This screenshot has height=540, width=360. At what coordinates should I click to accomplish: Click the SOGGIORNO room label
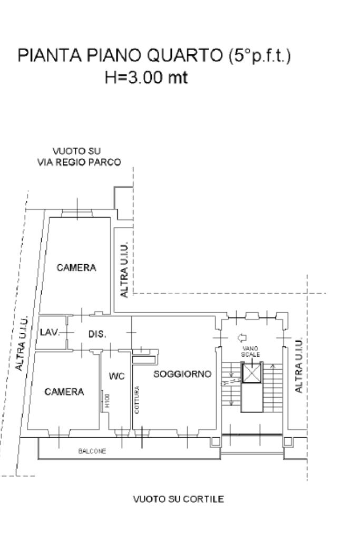182,374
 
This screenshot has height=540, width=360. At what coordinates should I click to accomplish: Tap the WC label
116,377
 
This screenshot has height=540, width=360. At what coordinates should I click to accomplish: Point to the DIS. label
98,334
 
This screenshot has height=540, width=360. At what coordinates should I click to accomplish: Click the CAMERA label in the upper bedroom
76,267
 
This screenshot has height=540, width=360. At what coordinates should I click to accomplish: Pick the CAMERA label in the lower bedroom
64,392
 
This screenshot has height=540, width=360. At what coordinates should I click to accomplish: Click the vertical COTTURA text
137,400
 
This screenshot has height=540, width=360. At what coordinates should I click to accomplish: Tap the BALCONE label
92,451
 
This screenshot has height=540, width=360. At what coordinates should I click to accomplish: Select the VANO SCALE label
250,351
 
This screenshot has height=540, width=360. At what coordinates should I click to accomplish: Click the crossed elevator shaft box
251,373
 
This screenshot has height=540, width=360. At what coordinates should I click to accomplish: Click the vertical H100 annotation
107,401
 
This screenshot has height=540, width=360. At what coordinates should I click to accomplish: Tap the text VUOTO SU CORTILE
178,499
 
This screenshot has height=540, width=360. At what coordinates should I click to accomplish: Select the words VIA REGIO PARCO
79,162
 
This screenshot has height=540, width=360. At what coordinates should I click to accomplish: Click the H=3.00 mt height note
147,77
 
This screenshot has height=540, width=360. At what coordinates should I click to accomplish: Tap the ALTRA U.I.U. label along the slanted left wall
21,343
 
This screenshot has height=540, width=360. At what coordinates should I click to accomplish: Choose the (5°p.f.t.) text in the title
259,56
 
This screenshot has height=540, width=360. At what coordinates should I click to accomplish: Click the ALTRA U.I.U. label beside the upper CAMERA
124,269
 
